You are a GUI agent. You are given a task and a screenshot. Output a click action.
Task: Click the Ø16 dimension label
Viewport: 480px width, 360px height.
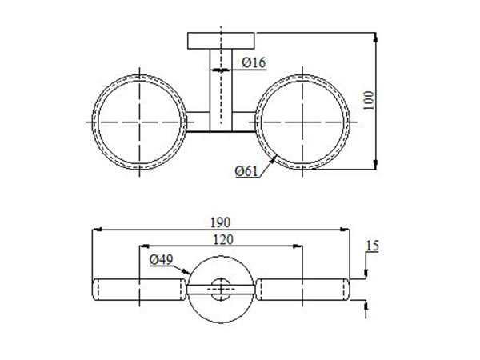click(x=253, y=62)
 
